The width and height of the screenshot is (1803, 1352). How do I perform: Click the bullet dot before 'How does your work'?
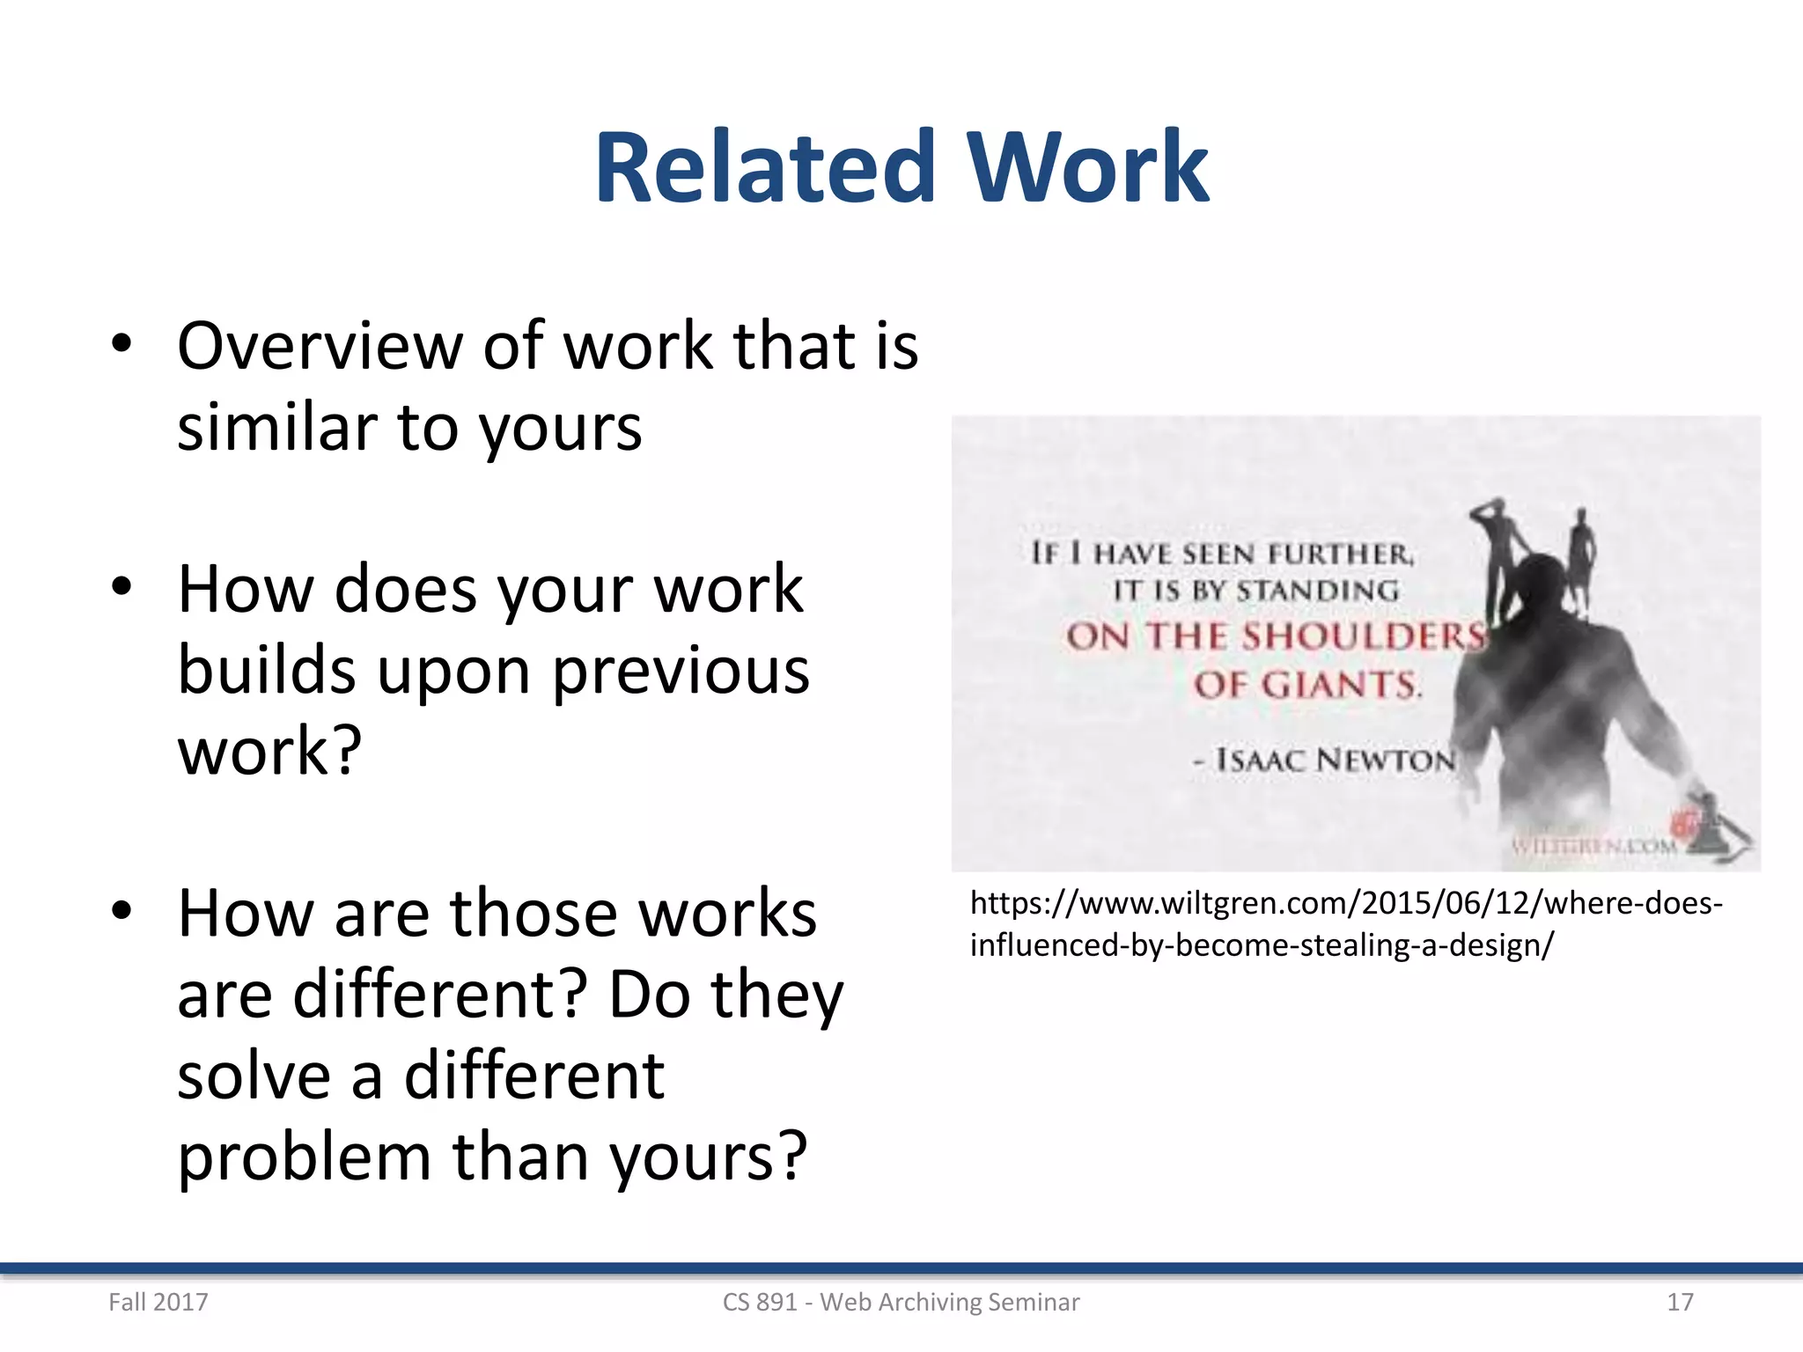pyautogui.click(x=121, y=586)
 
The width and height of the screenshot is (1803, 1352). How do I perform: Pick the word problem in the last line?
pyautogui.click(x=304, y=1157)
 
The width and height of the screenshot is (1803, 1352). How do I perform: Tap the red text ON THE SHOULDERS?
pyautogui.click(x=1275, y=636)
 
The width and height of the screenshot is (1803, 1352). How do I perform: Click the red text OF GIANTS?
pyautogui.click(x=1306, y=685)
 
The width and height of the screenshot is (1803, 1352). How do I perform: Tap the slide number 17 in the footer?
pyautogui.click(x=1680, y=1302)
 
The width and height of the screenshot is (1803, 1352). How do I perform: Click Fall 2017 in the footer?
pyautogui.click(x=158, y=1302)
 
